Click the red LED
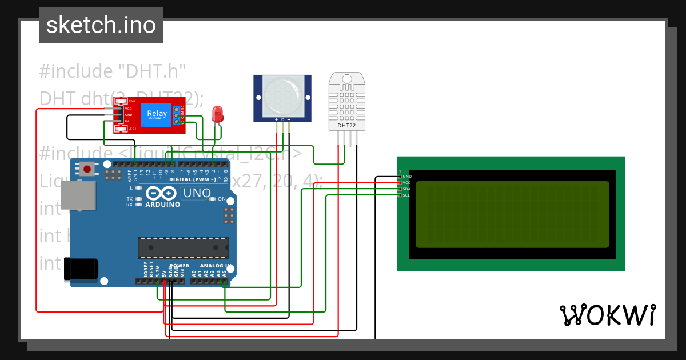tap(217, 114)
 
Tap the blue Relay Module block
tap(157, 114)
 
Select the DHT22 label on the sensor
tap(347, 125)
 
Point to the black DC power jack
tap(81, 269)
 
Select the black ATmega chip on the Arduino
tap(183, 247)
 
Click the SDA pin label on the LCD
tap(406, 189)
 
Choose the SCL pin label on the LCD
tap(406, 195)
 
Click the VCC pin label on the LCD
tap(406, 183)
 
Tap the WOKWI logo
tap(607, 315)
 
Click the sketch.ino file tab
tap(101, 25)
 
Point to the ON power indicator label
tap(221, 199)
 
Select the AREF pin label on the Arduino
tap(130, 174)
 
